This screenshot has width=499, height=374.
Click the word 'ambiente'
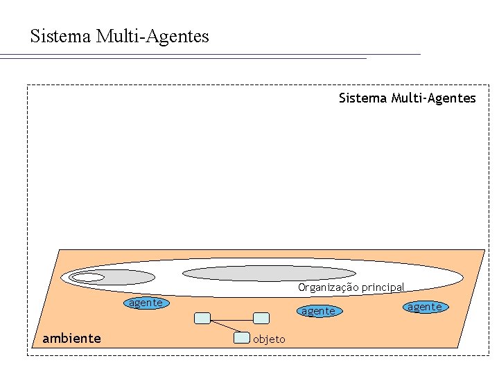pyautogui.click(x=71, y=338)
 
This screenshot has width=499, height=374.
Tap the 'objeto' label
pyautogui.click(x=268, y=339)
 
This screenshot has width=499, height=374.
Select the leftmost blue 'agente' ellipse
pyautogui.click(x=146, y=303)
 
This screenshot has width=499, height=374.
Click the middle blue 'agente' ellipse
pyautogui.click(x=318, y=311)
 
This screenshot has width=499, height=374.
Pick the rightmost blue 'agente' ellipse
pyautogui.click(x=424, y=306)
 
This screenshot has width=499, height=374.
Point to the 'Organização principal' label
pyautogui.click(x=351, y=287)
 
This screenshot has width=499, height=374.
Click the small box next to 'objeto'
pyautogui.click(x=241, y=338)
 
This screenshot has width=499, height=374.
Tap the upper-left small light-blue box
pyautogui.click(x=202, y=318)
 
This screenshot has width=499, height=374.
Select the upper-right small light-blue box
pyautogui.click(x=261, y=318)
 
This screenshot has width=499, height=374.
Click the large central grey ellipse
pyautogui.click(x=268, y=273)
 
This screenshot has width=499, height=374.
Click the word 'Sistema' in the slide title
pyautogui.click(x=60, y=36)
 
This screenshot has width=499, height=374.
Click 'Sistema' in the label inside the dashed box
pyautogui.click(x=362, y=98)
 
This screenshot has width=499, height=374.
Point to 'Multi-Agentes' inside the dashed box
pyautogui.click(x=434, y=98)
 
